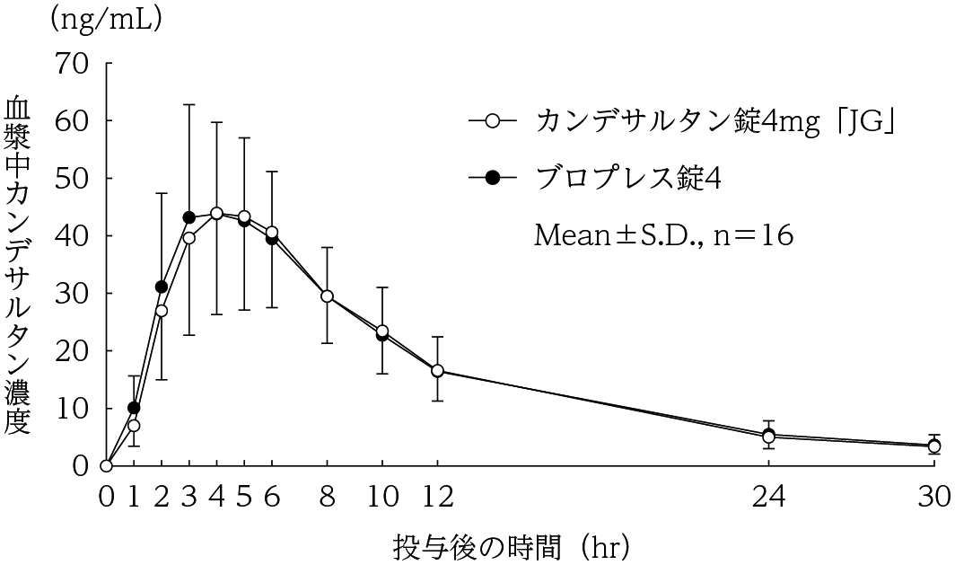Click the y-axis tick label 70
(71, 63)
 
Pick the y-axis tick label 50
(71, 178)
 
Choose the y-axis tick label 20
(71, 350)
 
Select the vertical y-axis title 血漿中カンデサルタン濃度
(20, 266)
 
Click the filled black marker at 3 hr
(189, 217)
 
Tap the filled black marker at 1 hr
(134, 408)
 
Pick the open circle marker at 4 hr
(216, 213)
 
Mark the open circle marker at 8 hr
(327, 296)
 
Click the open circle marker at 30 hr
(934, 446)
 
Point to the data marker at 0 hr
(107, 465)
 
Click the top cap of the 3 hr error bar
(189, 104)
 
